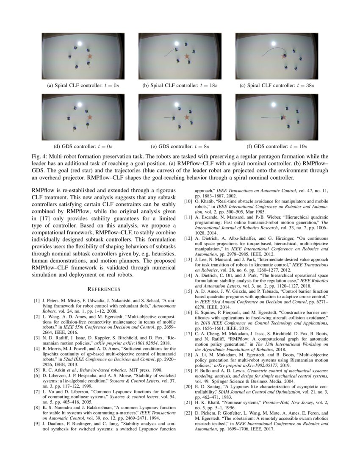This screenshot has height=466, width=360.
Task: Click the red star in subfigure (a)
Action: pos(89,56)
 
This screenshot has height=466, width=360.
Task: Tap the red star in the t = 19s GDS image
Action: pos(283,117)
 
